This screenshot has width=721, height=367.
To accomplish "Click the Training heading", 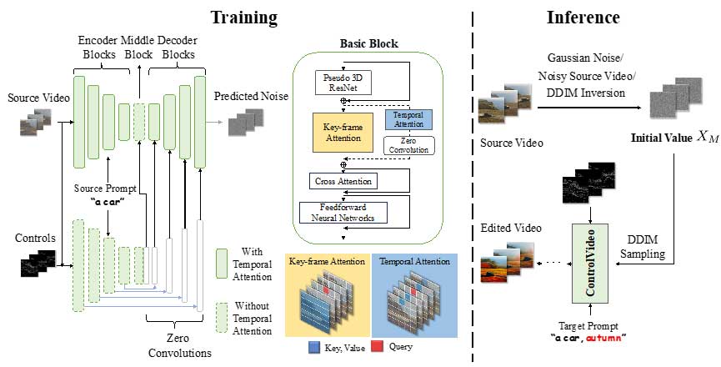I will point(243,17).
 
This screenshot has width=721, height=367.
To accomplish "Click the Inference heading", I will point(583,17).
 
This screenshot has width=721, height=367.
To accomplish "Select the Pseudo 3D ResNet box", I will point(343,82).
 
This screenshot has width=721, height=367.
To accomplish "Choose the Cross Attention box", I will point(343,180).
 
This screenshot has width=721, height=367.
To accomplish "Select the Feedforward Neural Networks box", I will point(343,212).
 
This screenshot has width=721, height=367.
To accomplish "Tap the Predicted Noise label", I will point(251,96).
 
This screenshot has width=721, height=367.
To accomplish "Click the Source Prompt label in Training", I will point(108,187).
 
